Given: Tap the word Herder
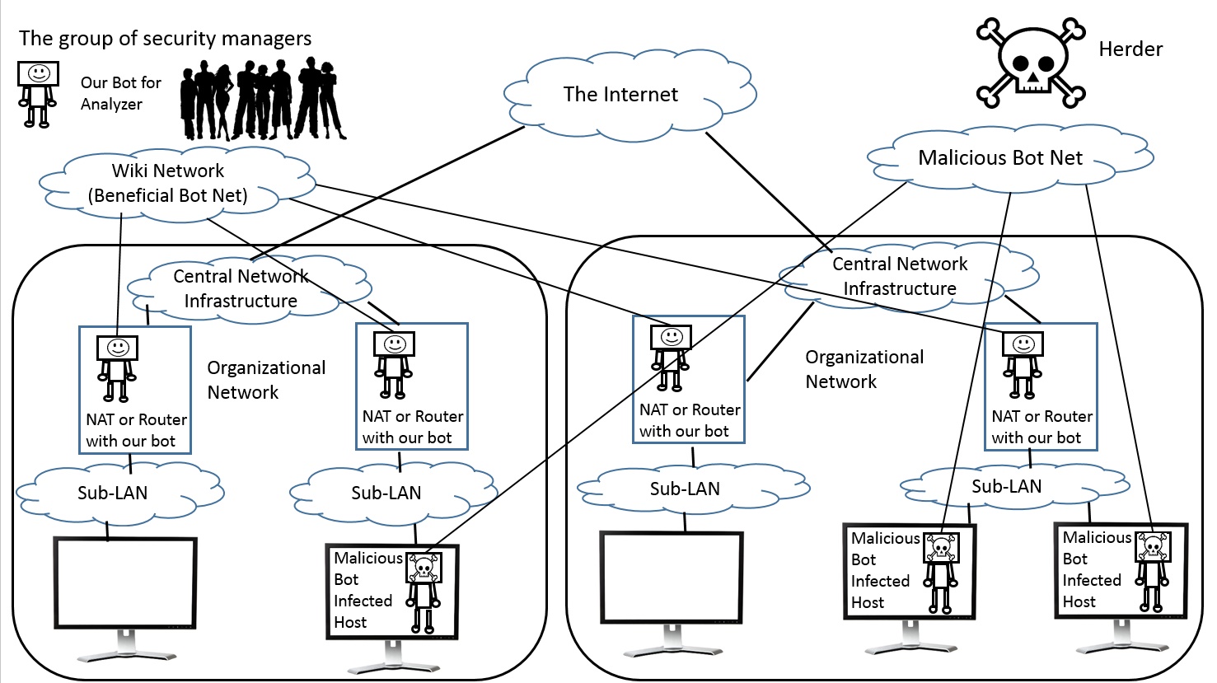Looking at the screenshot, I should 1130,49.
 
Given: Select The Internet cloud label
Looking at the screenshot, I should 620,95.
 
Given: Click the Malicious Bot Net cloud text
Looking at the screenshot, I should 999,158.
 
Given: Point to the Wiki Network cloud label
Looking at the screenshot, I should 168,183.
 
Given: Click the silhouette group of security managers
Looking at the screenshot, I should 262,100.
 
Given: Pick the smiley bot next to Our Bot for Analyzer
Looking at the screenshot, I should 38,93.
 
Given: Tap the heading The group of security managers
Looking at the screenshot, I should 165,39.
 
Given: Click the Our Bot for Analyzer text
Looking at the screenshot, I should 120,93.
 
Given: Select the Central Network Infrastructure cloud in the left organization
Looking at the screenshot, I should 240,288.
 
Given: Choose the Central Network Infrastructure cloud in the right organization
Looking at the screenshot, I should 899,276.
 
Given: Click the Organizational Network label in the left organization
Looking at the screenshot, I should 265,380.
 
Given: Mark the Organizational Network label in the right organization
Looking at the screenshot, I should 864,369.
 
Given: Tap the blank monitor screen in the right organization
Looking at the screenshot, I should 672,575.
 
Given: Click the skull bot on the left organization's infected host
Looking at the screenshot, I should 424,589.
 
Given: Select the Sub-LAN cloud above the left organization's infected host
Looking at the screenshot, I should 386,493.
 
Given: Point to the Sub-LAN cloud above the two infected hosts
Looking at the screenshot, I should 1006,486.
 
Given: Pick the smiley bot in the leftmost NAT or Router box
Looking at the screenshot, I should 117,367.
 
